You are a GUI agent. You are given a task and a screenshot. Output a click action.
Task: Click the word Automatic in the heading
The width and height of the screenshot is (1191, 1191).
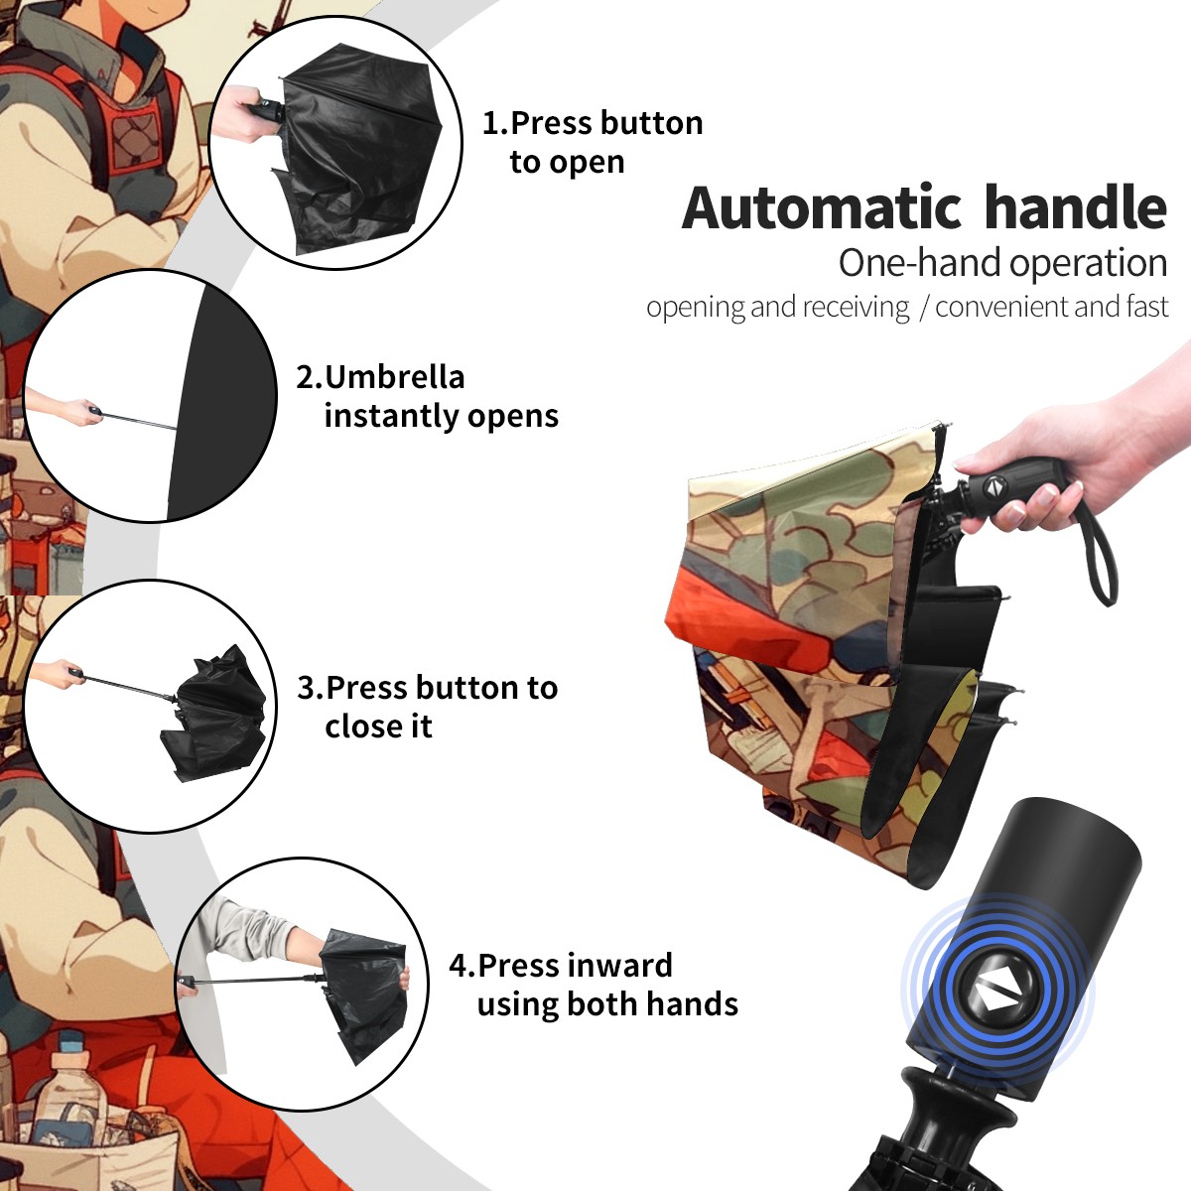pyautogui.click(x=822, y=208)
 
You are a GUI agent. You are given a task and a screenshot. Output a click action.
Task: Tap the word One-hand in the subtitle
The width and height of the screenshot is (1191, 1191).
pyautogui.click(x=921, y=263)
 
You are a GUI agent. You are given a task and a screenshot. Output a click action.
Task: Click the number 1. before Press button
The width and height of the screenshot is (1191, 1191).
pyautogui.click(x=495, y=123)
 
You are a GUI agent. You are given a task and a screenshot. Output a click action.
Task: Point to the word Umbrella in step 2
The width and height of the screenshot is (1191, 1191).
pyautogui.click(x=394, y=377)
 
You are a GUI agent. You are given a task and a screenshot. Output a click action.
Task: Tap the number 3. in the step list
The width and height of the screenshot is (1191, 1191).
pyautogui.click(x=311, y=688)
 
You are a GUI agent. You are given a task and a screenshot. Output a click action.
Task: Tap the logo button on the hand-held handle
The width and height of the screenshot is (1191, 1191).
pyautogui.click(x=993, y=486)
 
